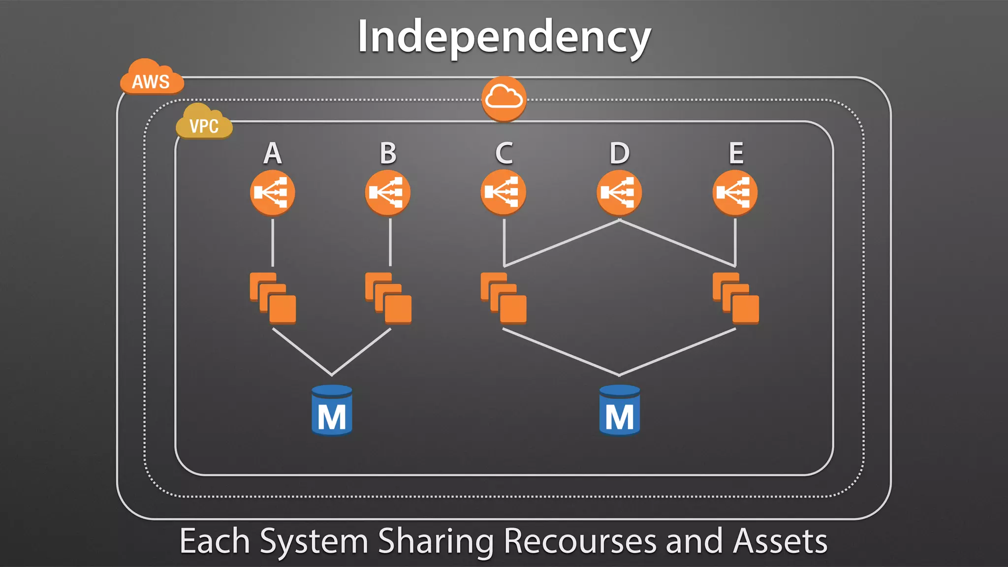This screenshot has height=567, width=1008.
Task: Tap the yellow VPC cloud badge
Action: pos(204,123)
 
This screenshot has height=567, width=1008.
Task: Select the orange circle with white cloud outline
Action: pos(504,98)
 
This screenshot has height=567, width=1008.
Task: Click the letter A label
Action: pos(273,153)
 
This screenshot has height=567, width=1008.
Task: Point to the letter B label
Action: pos(388,153)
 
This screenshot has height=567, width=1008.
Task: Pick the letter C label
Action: pos(504,153)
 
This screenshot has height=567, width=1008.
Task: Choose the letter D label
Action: pos(620,153)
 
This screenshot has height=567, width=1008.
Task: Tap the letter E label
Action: pos(736,153)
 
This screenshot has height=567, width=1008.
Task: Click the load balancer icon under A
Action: pos(273,192)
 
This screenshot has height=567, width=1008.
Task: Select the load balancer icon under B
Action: pos(388,192)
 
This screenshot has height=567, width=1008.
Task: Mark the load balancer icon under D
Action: pos(619,192)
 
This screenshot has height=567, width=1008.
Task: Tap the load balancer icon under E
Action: pos(735,192)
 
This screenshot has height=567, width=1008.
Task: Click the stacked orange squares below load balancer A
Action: pos(273,298)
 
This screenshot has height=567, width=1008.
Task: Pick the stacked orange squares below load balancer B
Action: pos(388,298)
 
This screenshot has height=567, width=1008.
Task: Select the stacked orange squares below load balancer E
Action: pos(736,298)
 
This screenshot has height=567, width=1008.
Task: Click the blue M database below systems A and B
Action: pos(332,410)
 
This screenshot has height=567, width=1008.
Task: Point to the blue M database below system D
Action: pos(620,410)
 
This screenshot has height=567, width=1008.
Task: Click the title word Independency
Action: pos(504,37)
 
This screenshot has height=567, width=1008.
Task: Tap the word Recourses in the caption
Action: pos(581,541)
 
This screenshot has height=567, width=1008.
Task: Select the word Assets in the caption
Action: pos(780,541)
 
